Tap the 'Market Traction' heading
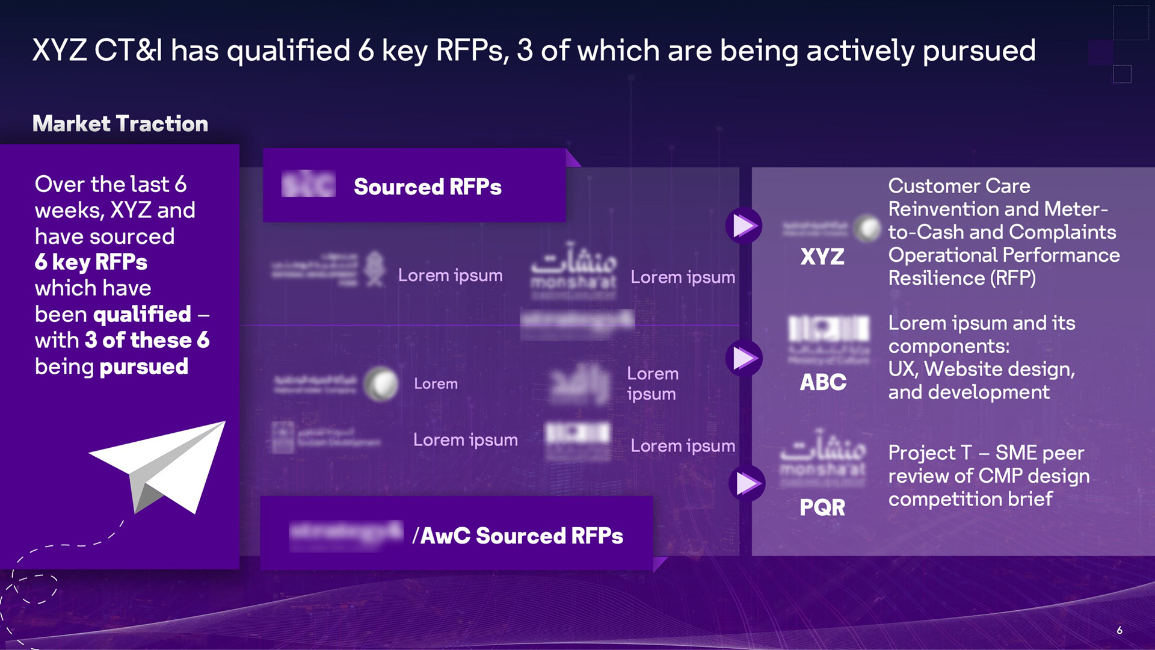[120, 124]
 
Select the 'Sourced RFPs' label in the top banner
[427, 187]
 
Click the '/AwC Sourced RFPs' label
[517, 536]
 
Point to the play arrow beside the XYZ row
[744, 226]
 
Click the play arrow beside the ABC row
[744, 358]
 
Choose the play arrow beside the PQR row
[747, 483]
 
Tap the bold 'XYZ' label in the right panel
[822, 257]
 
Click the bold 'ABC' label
[823, 382]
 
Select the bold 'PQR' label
[822, 507]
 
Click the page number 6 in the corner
[1120, 630]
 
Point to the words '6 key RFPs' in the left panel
[91, 262]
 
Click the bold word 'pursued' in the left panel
[144, 367]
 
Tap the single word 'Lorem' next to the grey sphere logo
[436, 384]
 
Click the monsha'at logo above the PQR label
[823, 457]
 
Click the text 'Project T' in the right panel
[930, 453]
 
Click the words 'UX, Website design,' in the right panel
[981, 369]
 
